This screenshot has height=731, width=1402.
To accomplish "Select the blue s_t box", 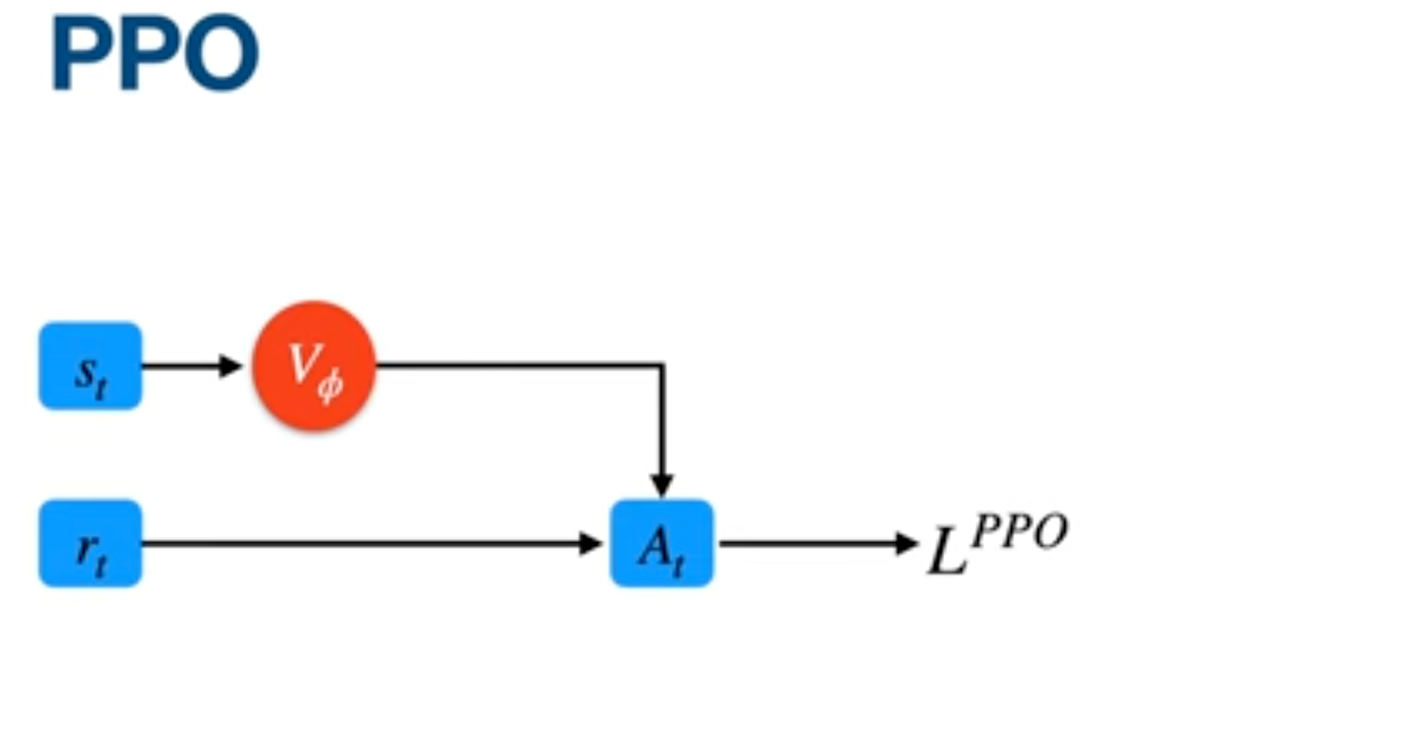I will pos(90,365).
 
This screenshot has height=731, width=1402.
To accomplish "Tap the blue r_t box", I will pos(90,544).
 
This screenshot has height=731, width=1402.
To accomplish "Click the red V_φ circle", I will pos(314,365).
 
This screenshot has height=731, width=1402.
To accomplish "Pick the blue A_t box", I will pos(661,544).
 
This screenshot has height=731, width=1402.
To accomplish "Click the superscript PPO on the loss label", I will pos(1020,533).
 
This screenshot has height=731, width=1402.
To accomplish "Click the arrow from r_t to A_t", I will pos(364,544).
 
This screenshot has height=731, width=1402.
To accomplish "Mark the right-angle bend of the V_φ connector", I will pos(661,366).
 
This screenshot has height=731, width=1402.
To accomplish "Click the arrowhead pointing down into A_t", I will pos(661,486).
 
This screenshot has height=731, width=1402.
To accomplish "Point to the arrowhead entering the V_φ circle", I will pos(231,366).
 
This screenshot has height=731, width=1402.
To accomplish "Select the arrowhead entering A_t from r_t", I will pos(591,544).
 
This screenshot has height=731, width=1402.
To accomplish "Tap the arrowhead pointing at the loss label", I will pos(907,544).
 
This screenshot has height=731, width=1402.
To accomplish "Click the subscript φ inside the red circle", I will pos(331,386).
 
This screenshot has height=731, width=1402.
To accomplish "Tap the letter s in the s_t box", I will pos(85,371).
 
